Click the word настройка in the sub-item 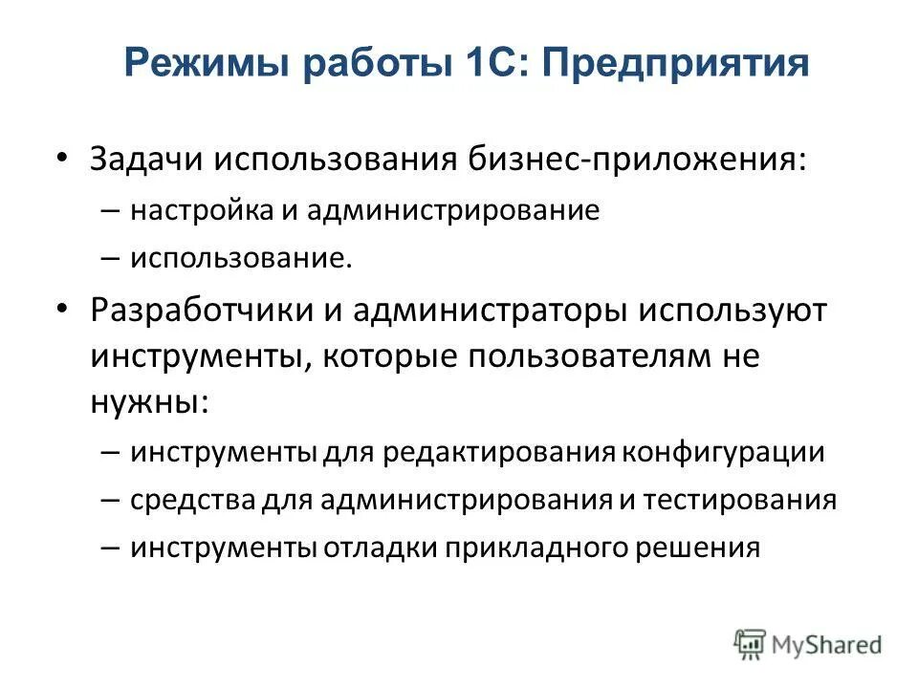(202, 210)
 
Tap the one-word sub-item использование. (242, 259)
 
